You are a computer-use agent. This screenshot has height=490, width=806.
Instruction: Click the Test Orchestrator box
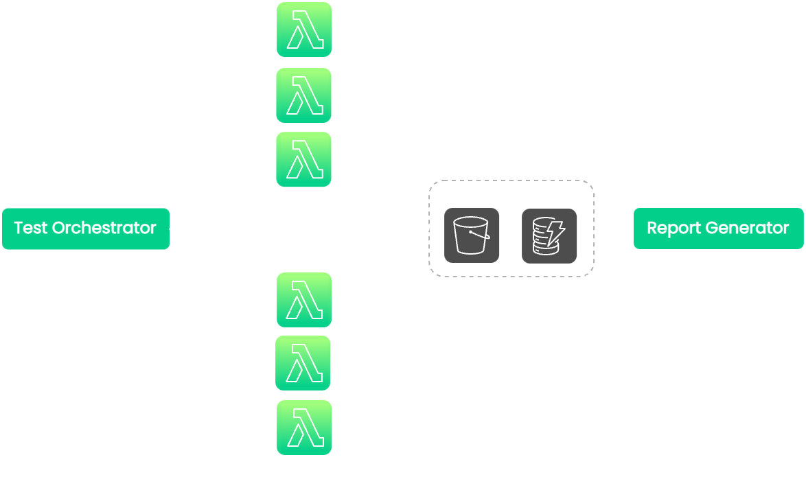coord(86,229)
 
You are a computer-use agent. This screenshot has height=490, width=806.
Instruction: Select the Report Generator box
coord(718,229)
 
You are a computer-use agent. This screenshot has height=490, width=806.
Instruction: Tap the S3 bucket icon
coord(471,235)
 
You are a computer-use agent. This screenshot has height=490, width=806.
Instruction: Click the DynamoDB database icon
coord(549,236)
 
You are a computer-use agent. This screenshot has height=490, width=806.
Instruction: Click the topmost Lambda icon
coord(304,30)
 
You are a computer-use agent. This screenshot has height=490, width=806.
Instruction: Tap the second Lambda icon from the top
coord(304,95)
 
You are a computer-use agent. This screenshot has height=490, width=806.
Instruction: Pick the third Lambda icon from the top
coord(304,159)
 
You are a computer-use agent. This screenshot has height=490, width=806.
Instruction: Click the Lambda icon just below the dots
coord(304,300)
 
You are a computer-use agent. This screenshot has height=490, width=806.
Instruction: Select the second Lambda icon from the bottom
coord(303,363)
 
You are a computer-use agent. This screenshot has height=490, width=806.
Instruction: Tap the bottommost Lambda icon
coord(304,428)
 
